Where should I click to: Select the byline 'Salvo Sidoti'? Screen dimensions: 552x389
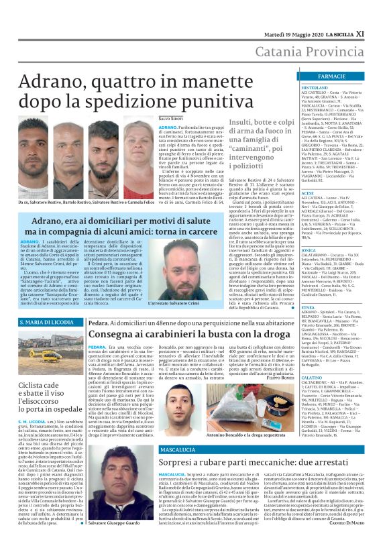(152, 118)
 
